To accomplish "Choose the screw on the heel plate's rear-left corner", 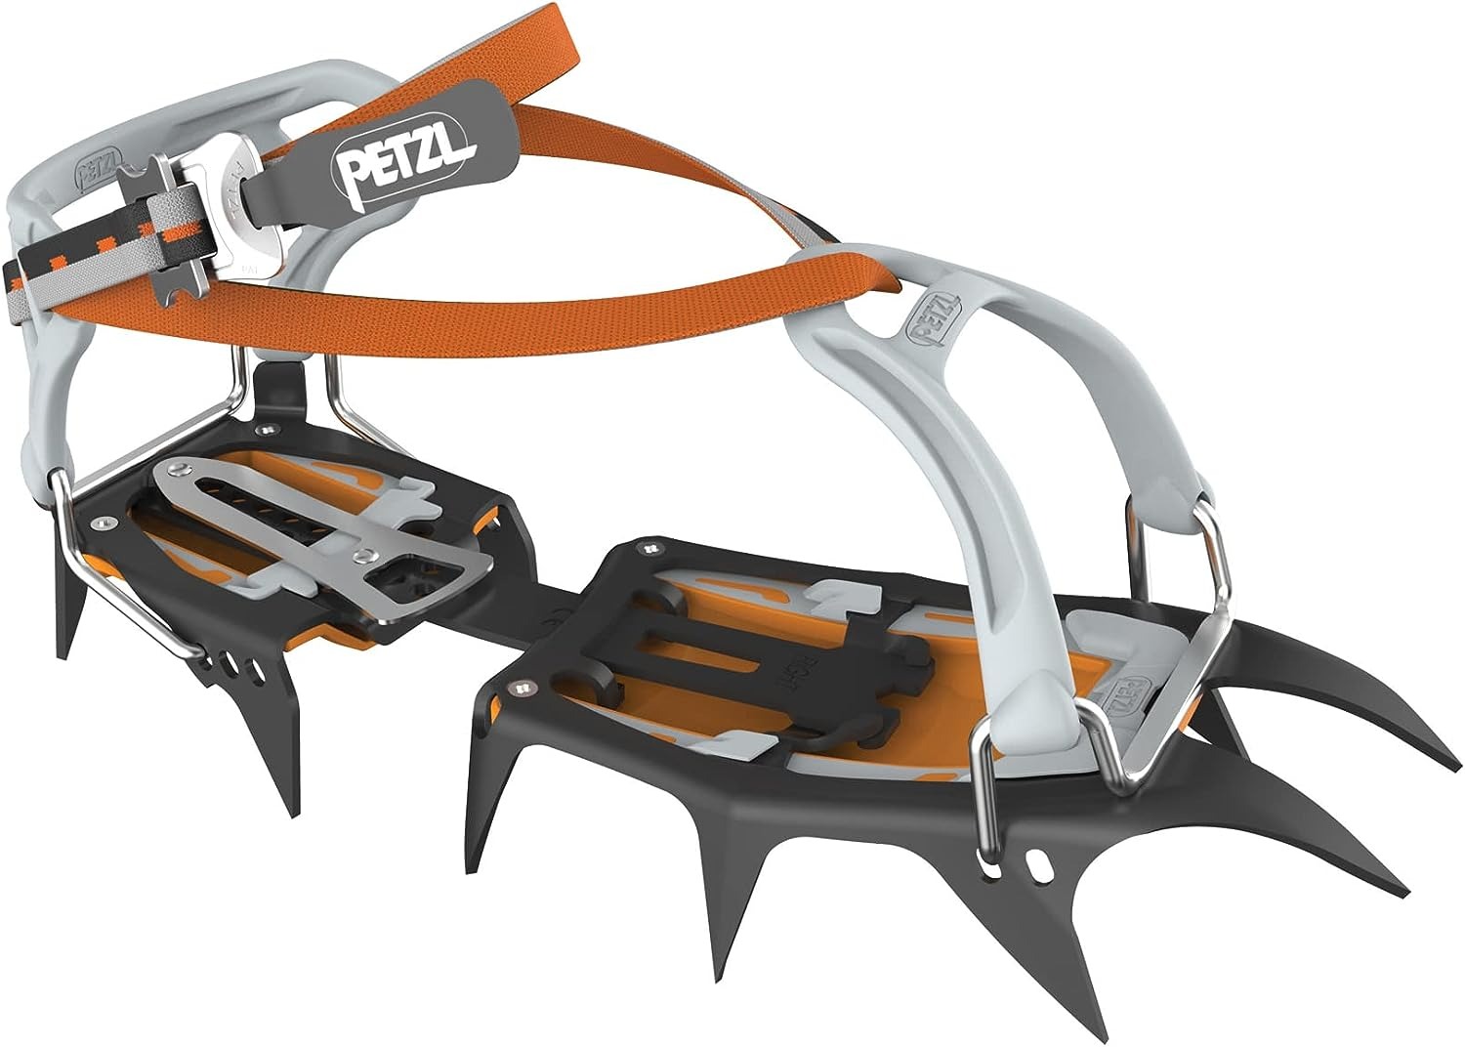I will coord(99,527).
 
